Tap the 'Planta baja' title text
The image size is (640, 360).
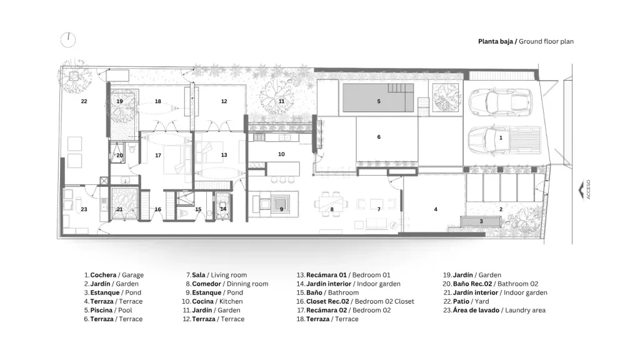[x=496, y=42]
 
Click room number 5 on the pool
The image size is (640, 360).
[x=379, y=101]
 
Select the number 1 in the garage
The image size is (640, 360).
[x=501, y=138]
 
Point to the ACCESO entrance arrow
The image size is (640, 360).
[x=581, y=190]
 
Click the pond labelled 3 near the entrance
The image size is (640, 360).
[x=481, y=221]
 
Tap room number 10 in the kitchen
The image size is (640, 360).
[x=281, y=154]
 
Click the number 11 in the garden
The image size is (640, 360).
[x=282, y=101]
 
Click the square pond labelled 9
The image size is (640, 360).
[x=281, y=203]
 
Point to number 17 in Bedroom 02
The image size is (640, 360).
[x=158, y=155]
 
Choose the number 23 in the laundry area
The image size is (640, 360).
[x=84, y=209]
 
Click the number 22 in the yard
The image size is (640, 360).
[x=84, y=101]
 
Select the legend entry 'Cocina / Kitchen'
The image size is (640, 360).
[x=212, y=302]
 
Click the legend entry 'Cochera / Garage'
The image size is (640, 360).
[x=114, y=275]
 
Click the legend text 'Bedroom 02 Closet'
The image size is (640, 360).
[x=384, y=302]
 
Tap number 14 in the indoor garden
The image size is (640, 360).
[x=223, y=209]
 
